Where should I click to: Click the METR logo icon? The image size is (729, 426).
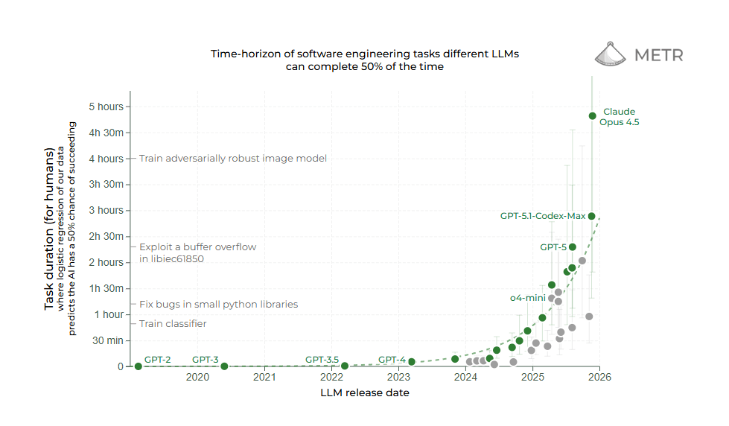[612, 54]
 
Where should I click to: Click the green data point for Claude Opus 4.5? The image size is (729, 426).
[592, 115]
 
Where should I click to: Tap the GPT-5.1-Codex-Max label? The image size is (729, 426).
[543, 216]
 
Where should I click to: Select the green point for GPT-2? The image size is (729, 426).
[138, 366]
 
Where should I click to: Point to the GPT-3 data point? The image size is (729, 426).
[224, 366]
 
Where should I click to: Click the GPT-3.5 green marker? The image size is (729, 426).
[344, 366]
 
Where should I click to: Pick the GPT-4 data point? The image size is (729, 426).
[411, 362]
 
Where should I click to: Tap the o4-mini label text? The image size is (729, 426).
[528, 297]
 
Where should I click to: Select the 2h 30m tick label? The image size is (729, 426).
[106, 236]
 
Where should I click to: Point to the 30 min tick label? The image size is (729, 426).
[108, 340]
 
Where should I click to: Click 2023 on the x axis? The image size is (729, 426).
[399, 378]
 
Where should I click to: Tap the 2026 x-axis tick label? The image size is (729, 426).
[600, 378]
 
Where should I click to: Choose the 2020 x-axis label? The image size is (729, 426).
[197, 378]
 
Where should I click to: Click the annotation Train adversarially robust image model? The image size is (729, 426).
[233, 158]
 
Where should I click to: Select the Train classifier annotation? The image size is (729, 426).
[173, 323]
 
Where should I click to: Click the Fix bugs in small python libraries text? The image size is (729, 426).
[218, 304]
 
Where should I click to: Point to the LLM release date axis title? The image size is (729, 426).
[365, 392]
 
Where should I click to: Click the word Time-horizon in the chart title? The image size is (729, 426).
[243, 54]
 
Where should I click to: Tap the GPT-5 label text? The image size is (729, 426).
[553, 247]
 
